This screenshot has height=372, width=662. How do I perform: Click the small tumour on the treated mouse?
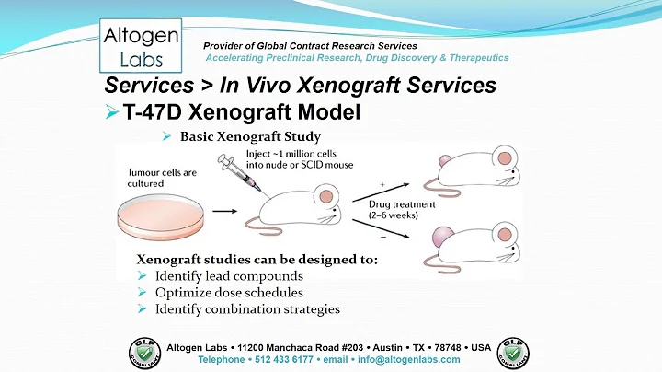421,162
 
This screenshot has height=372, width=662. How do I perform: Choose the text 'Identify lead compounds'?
229,276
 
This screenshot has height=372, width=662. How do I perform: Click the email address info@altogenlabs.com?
407,359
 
